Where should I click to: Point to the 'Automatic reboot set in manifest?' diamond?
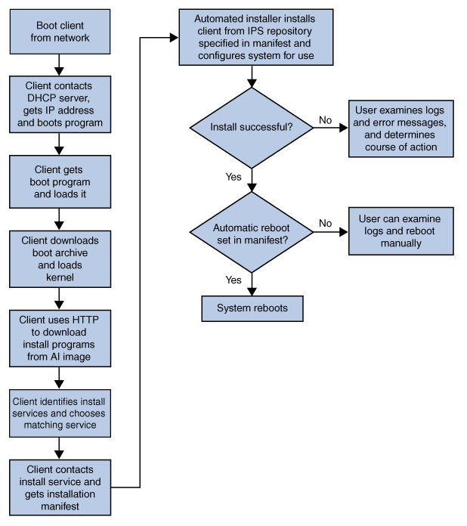click(x=251, y=232)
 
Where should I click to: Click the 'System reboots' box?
click(x=252, y=308)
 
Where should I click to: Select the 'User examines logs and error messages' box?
click(x=401, y=128)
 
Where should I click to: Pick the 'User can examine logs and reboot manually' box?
click(x=401, y=232)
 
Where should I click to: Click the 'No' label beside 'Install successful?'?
click(x=325, y=120)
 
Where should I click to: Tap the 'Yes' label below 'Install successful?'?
click(x=233, y=176)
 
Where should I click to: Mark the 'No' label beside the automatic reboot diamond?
click(x=325, y=223)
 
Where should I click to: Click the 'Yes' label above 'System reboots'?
click(x=233, y=280)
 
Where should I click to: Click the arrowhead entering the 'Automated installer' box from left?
click(x=174, y=38)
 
